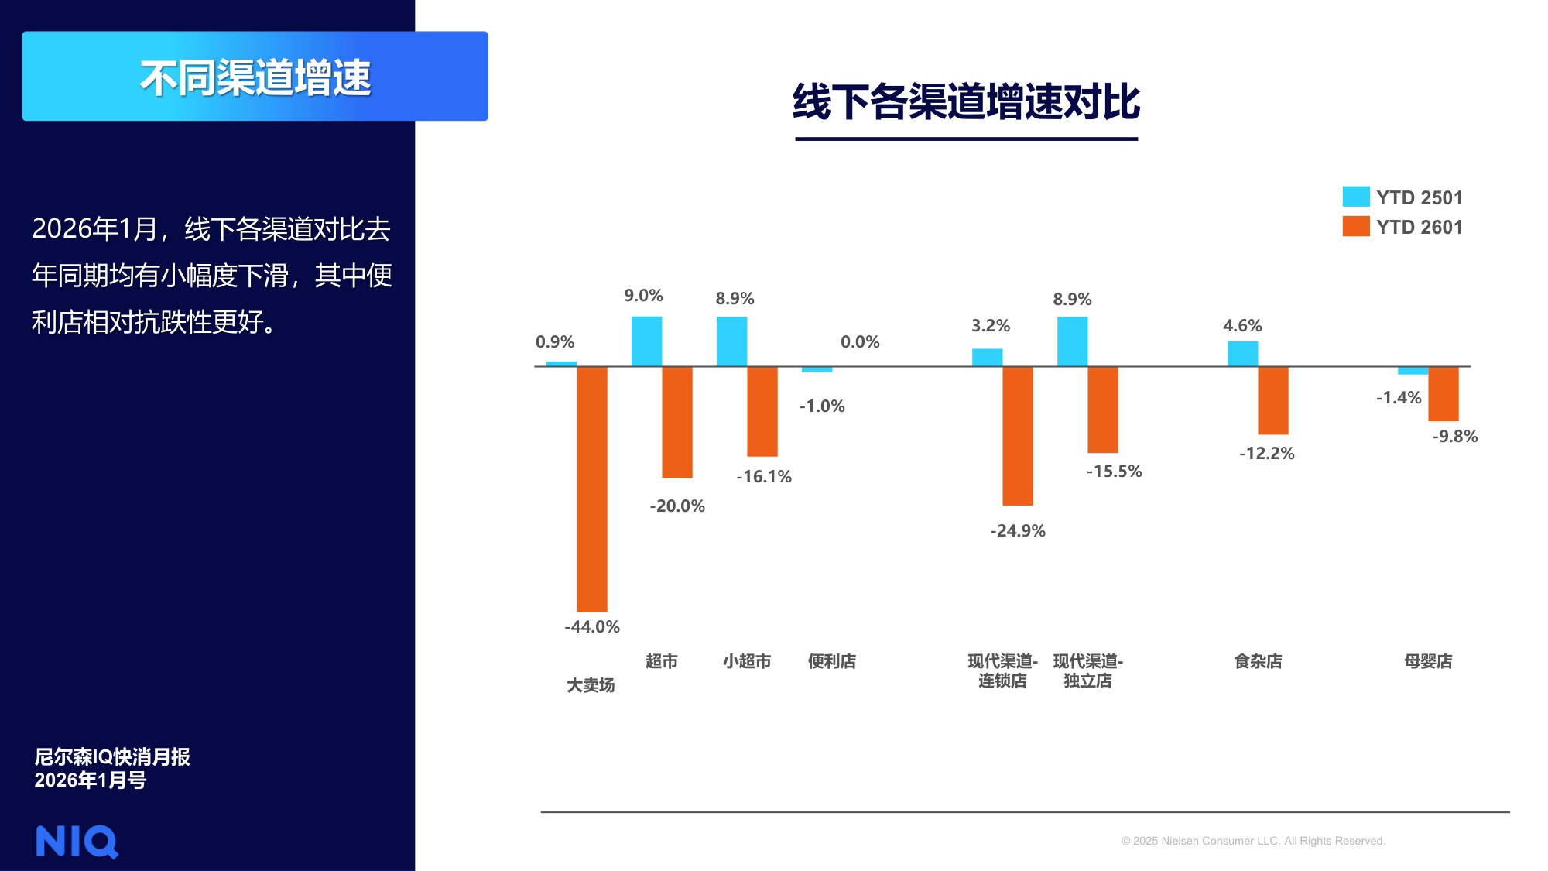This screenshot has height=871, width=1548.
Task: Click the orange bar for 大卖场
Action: (x=592, y=489)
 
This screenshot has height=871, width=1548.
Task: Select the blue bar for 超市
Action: (x=646, y=341)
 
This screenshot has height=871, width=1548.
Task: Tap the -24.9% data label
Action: (x=1018, y=531)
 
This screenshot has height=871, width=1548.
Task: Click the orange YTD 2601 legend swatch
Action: (x=1355, y=226)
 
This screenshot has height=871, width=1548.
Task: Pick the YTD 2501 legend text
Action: (x=1419, y=197)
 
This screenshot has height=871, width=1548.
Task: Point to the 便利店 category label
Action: (x=832, y=661)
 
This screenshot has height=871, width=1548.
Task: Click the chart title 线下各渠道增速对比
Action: (x=966, y=102)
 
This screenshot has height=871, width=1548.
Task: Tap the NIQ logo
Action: (x=77, y=841)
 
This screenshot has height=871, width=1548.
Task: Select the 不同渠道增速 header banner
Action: (x=255, y=77)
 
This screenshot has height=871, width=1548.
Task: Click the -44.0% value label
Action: (x=592, y=627)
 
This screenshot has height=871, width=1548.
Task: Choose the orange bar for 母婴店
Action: (x=1443, y=393)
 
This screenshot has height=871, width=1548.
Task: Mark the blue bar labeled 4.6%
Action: (x=1242, y=354)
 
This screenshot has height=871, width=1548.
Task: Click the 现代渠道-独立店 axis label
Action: (x=1087, y=670)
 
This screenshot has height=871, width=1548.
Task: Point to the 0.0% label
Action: (x=860, y=342)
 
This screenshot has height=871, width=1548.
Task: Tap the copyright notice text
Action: (x=1252, y=841)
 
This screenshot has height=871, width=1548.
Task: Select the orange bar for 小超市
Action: (x=762, y=411)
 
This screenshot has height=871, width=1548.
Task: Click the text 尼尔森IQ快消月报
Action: (x=112, y=756)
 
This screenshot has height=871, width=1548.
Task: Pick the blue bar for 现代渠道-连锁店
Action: (x=987, y=358)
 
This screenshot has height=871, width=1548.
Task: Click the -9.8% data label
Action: (x=1454, y=437)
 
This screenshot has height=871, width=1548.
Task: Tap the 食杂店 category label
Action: (x=1258, y=661)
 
